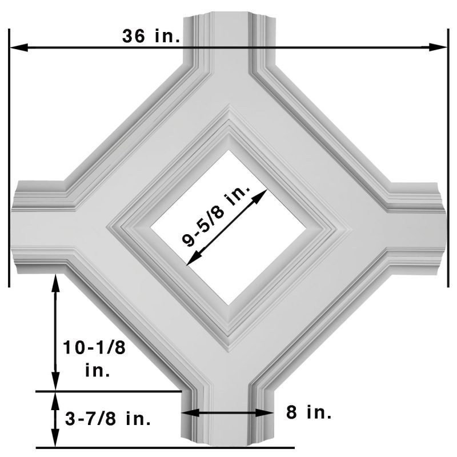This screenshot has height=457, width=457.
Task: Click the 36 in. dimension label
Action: [x=151, y=35]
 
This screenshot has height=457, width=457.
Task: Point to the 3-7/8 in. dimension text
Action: [x=108, y=419]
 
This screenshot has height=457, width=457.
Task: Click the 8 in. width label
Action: [x=308, y=412]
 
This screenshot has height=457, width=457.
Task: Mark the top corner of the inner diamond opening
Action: [x=228, y=151]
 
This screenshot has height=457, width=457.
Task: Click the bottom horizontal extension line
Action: [x=166, y=447]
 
